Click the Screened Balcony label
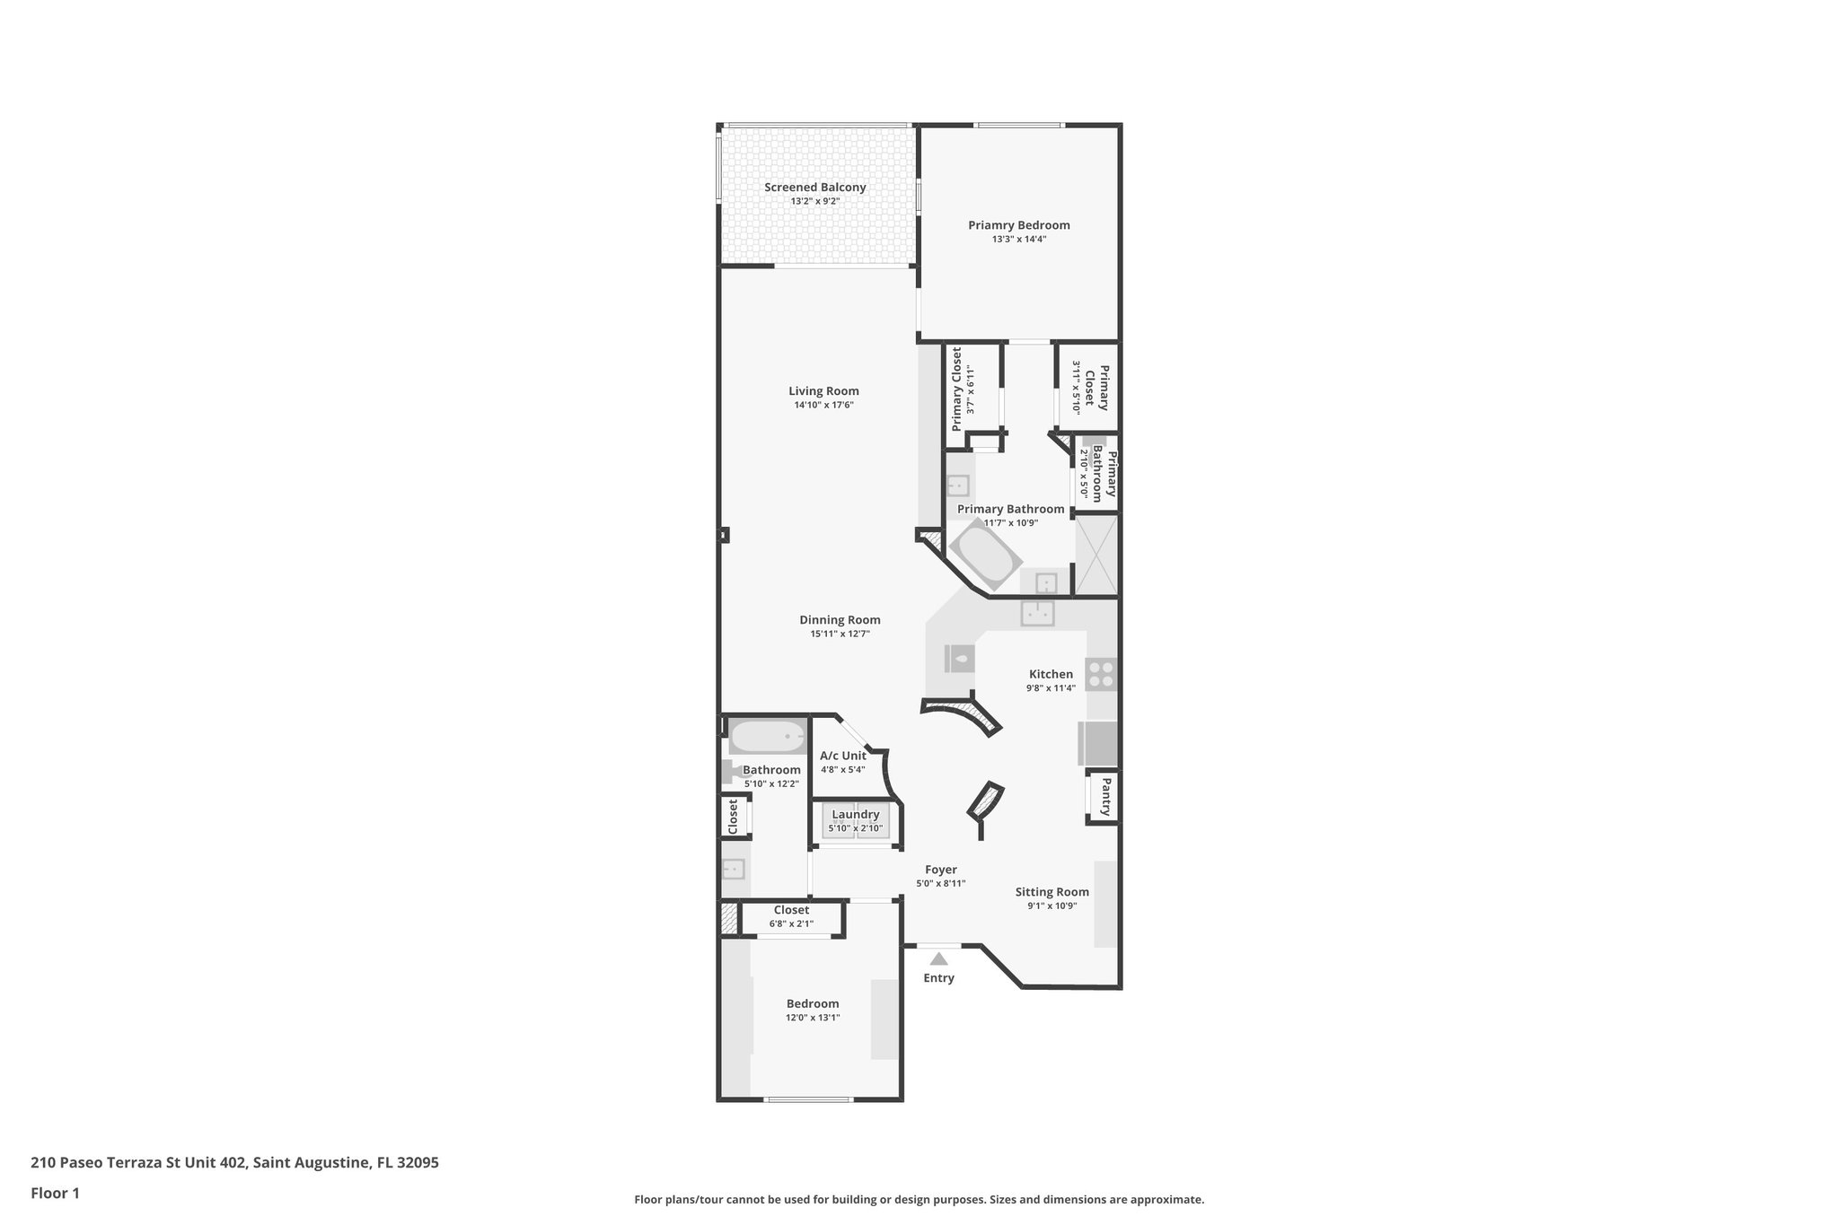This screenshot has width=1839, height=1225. coord(814,188)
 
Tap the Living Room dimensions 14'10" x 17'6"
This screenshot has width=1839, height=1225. coord(823,405)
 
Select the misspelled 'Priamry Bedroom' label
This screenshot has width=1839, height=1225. coord(1018,225)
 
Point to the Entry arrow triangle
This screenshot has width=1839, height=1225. coord(938,959)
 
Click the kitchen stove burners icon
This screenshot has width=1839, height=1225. coord(1102,674)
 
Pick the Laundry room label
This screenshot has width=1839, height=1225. coord(855,814)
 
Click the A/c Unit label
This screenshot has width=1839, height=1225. coord(842,756)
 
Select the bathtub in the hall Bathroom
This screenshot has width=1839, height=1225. coord(767,738)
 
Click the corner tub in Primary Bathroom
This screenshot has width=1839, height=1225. coord(985,557)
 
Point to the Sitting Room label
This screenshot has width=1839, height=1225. coord(1051,892)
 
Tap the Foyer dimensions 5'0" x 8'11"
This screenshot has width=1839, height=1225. coord(940,883)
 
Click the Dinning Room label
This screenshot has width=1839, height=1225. coord(840,620)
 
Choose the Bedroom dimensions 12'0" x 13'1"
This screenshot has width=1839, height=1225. coord(813,1018)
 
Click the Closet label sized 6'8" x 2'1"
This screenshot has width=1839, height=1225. coord(791,910)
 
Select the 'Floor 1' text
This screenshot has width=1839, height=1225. coord(55,1194)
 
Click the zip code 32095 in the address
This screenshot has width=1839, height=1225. coord(418,1163)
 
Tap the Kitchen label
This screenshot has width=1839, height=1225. coord(1051,674)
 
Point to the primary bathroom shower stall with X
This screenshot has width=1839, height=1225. coord(1096,555)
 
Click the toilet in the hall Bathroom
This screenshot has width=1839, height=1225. coord(729,770)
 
